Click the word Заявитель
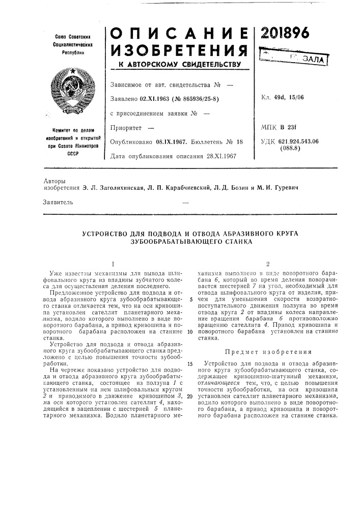[x=59, y=202]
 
